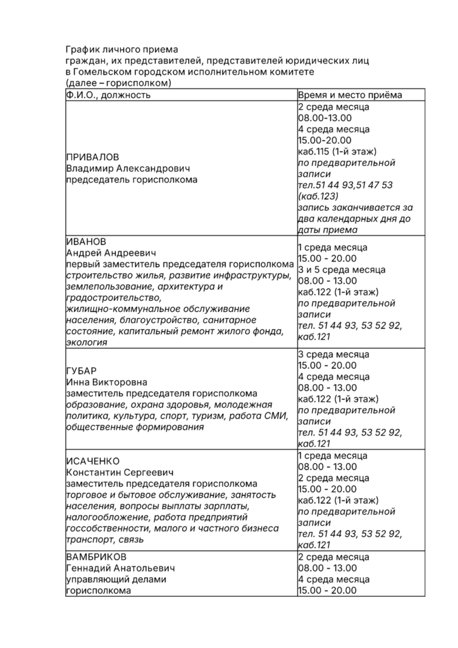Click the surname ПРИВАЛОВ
point(92,157)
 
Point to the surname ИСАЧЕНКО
point(93,461)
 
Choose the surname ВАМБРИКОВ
point(96,557)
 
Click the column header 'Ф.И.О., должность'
point(108,95)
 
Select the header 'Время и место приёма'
point(349,95)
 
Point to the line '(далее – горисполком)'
point(118,83)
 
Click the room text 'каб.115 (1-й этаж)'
point(337,152)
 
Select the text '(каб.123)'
point(319,196)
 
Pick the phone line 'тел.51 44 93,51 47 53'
point(345,185)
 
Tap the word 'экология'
point(86,343)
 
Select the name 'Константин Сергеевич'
point(120,472)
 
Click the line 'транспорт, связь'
point(105,540)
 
